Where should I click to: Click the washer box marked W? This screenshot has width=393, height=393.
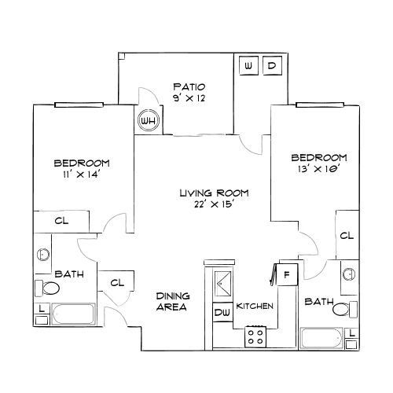click(249, 66)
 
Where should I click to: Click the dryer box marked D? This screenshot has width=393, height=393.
click(271, 66)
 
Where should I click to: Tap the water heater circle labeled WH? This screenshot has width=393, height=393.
click(146, 121)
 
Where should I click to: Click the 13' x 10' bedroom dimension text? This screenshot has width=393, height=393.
click(318, 168)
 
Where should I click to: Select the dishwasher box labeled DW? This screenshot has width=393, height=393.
click(222, 313)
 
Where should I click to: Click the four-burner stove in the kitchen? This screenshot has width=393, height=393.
click(255, 337)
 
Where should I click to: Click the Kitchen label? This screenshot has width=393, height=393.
click(255, 305)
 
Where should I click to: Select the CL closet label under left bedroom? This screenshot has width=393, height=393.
click(62, 222)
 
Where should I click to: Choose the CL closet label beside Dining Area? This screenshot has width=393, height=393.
click(117, 283)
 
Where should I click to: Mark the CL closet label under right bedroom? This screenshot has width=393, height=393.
click(346, 235)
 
